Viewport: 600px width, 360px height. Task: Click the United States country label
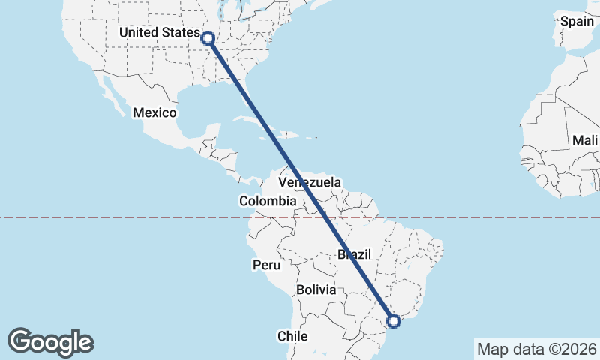(160, 34)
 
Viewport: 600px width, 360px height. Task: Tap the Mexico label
(154, 112)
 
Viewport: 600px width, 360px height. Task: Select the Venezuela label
(310, 182)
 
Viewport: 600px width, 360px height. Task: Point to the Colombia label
(268, 201)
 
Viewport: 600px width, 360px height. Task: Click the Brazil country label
(354, 255)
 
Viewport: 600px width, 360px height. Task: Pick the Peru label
(266, 265)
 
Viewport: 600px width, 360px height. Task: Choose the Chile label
(293, 336)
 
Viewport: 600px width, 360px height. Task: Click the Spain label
(577, 21)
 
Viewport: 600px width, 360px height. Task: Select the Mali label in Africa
(584, 140)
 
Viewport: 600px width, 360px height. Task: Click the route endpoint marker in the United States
(208, 37)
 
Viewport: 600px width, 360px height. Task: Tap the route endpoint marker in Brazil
(394, 321)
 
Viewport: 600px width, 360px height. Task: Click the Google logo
(50, 342)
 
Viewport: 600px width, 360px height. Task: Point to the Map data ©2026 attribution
(536, 349)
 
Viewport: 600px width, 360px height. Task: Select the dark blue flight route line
(300, 180)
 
